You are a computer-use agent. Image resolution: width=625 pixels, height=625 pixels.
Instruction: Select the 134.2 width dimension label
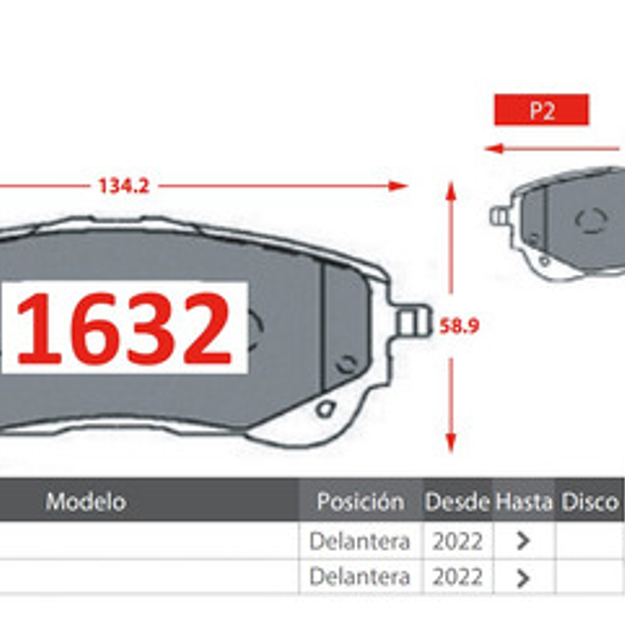click(x=123, y=186)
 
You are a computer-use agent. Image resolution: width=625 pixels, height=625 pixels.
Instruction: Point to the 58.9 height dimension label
click(x=460, y=326)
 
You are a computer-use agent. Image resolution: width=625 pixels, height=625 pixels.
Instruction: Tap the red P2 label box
click(x=541, y=110)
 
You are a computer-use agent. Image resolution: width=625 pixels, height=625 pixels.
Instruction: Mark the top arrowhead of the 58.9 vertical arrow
click(x=450, y=191)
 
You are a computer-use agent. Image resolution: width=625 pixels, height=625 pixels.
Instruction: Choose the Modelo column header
click(x=86, y=501)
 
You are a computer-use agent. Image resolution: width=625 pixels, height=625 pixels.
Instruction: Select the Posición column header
click(x=360, y=501)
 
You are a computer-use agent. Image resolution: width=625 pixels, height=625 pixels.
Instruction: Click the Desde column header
click(x=457, y=501)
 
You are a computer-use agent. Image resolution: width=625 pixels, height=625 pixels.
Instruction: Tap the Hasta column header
click(x=523, y=501)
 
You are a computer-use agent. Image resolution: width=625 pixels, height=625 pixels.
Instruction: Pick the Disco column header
click(x=590, y=501)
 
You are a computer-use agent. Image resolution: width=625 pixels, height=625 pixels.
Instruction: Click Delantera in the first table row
click(x=359, y=541)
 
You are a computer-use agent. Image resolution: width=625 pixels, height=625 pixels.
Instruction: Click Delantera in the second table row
click(x=359, y=577)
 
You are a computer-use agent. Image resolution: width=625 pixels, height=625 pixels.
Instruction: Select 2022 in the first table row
click(x=457, y=541)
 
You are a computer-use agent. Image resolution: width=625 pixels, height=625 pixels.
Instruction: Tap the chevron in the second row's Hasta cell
click(x=523, y=578)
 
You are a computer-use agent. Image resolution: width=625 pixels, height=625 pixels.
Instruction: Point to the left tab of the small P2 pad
click(x=498, y=215)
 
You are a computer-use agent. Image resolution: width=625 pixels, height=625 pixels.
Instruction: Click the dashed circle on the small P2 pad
click(x=590, y=220)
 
